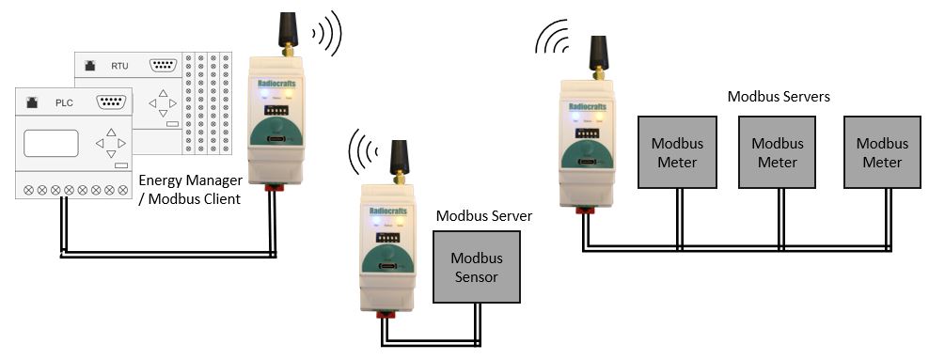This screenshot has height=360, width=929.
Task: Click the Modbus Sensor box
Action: pos(475,267)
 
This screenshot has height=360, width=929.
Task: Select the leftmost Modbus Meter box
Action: pos(676,152)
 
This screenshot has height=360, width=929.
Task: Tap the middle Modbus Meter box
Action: pos(777,152)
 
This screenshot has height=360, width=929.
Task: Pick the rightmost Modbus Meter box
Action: pos(881,152)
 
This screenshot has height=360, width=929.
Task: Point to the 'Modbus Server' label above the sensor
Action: pos(483,216)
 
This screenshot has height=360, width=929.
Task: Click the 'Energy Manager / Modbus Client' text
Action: pos(190,189)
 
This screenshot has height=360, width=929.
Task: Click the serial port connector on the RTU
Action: pos(165,65)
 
